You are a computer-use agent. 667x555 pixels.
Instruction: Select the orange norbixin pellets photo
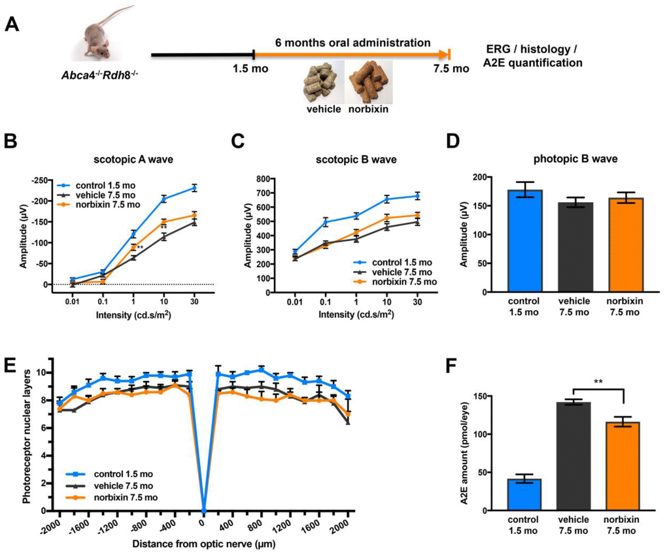370,82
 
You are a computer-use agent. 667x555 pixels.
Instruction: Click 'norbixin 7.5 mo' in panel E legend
124,497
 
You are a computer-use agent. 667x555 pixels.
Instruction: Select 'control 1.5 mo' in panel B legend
103,185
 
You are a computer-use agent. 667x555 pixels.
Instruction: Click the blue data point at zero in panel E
203,510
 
